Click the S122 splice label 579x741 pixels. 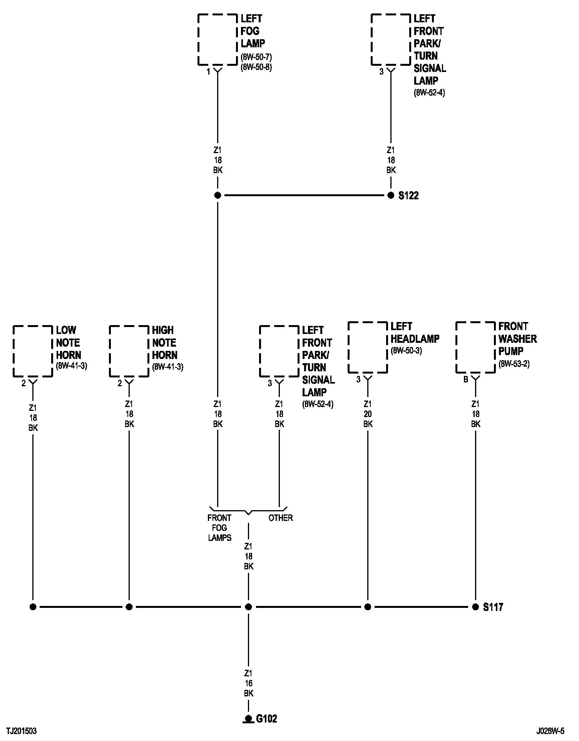pos(408,196)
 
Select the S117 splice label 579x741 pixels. pos(493,607)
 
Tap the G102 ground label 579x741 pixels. pos(266,719)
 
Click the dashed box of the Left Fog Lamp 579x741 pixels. pos(218,40)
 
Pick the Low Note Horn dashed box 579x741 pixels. pos(33,351)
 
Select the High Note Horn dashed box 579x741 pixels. pos(129,351)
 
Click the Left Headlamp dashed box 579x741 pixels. pos(368,347)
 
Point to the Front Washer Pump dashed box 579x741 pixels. pos(475,347)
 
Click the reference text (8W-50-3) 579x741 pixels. pos(406,351)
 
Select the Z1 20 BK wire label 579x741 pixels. pos(368,414)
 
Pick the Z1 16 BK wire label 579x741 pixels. pos(249,683)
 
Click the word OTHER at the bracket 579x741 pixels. pos(281,518)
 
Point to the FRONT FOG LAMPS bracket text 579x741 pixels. pos(219,528)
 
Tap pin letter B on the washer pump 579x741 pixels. pos(465,380)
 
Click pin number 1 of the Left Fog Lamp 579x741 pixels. pos(208,72)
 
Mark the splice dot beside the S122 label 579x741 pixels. pos(391,195)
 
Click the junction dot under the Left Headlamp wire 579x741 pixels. pos(368,607)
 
